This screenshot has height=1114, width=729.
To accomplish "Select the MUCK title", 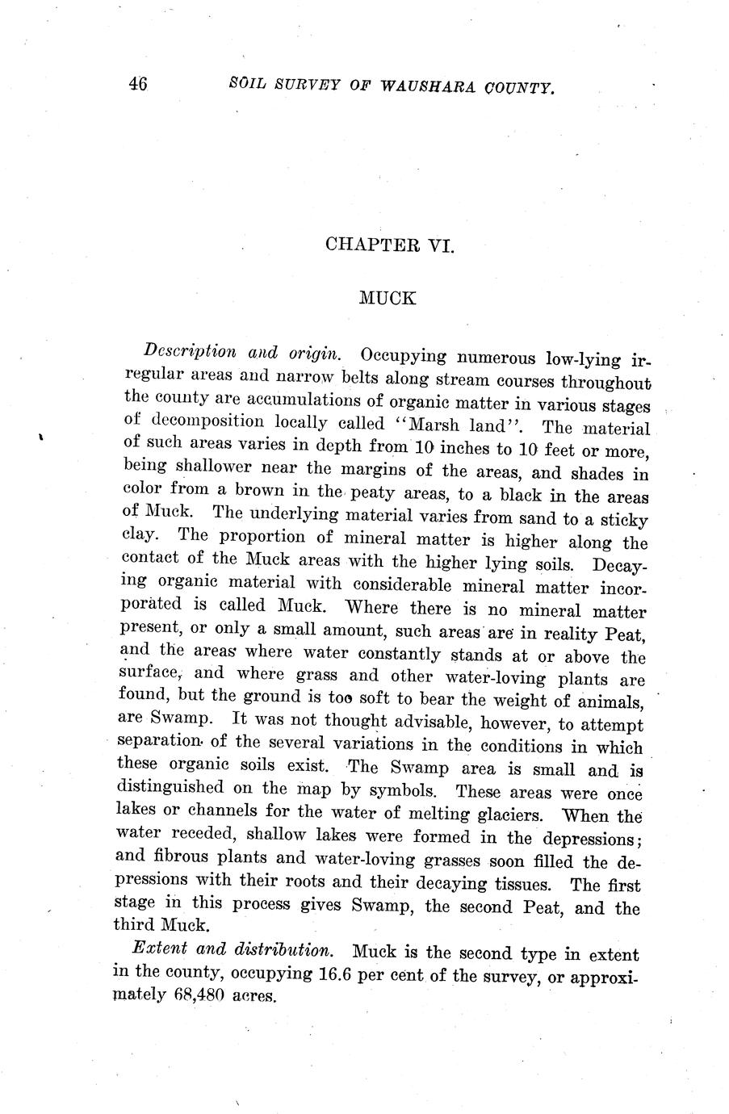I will tap(388, 298).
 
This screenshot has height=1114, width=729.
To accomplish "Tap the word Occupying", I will tap(404, 356).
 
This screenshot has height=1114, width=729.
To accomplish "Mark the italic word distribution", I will tap(270, 950).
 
